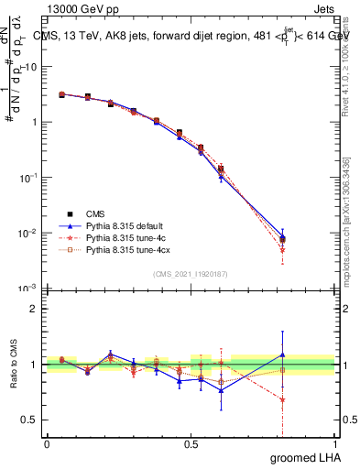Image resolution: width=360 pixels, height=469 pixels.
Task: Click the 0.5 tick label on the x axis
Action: point(191,442)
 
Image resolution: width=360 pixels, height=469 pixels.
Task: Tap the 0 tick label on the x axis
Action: point(47,442)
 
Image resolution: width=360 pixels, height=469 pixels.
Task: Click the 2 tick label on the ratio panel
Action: point(34,309)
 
